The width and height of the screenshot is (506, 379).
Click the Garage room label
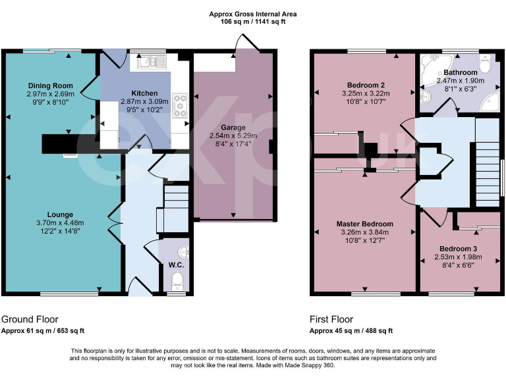coord(233,127)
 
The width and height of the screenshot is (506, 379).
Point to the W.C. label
coord(175,265)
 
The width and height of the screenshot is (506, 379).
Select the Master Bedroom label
coord(364,224)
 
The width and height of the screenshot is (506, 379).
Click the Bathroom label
coord(459,72)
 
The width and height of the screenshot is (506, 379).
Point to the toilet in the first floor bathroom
coord(486,66)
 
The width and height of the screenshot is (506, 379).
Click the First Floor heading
coord(331,318)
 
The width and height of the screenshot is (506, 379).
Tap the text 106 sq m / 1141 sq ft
coord(252,22)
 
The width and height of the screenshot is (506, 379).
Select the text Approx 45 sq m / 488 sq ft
coord(351,330)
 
